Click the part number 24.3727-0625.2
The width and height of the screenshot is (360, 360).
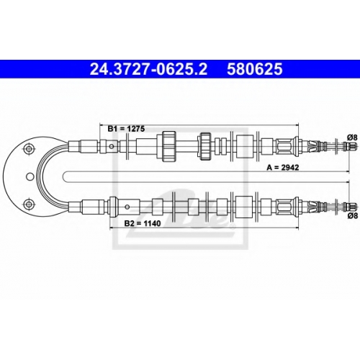pos(148,69)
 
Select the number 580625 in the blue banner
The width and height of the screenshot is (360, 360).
pos(255,69)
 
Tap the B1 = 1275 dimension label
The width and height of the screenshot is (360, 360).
pos(126,129)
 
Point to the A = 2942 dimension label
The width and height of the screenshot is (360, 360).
pos(283,168)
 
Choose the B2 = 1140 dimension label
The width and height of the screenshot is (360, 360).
pos(143,223)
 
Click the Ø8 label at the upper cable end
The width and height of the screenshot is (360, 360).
pos(352,138)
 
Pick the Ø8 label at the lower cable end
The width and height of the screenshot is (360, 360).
pos(352,216)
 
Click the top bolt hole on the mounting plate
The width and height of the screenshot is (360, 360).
pos(29,148)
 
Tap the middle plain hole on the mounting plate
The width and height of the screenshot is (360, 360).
pos(30,176)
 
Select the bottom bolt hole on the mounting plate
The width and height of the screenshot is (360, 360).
pos(29,204)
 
